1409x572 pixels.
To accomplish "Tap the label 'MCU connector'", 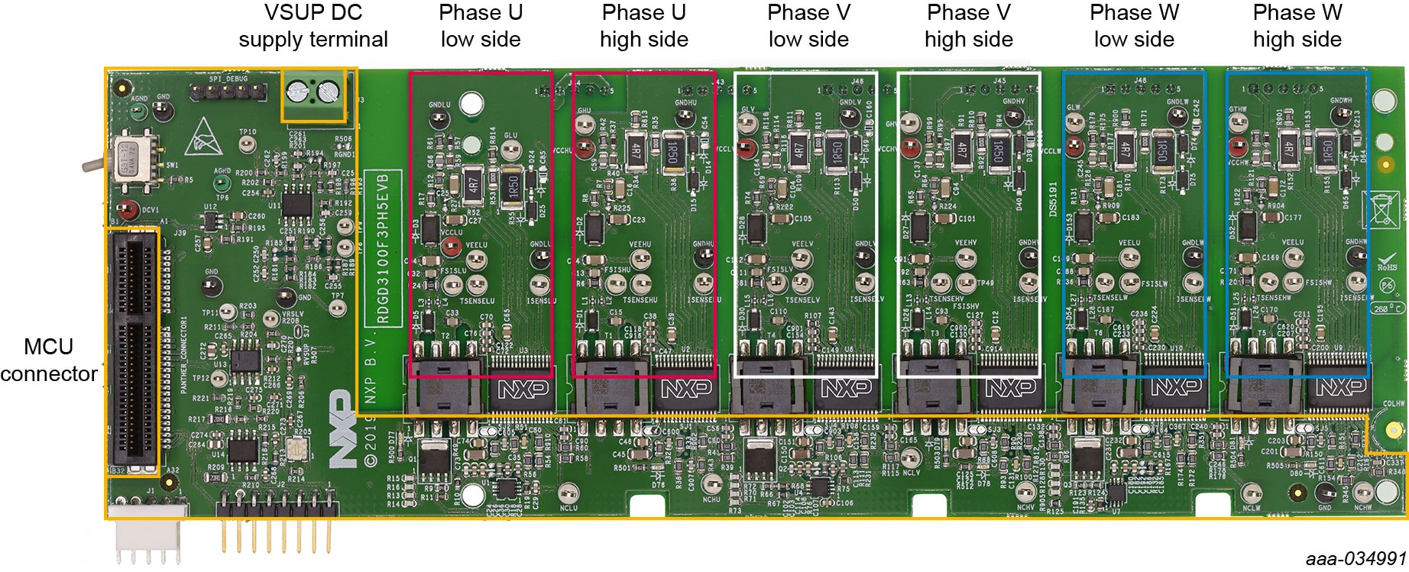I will click(49, 360).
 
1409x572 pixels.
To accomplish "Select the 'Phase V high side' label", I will click(968, 26).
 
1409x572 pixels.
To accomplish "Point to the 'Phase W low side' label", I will click(1134, 26).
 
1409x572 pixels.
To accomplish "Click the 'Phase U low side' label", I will click(480, 26).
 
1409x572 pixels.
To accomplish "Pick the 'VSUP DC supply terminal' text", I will click(313, 26).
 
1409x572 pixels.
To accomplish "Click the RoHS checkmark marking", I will click(1387, 261).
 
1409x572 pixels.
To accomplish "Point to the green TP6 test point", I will click(222, 184).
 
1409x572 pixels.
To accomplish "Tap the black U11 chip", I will click(296, 202).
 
